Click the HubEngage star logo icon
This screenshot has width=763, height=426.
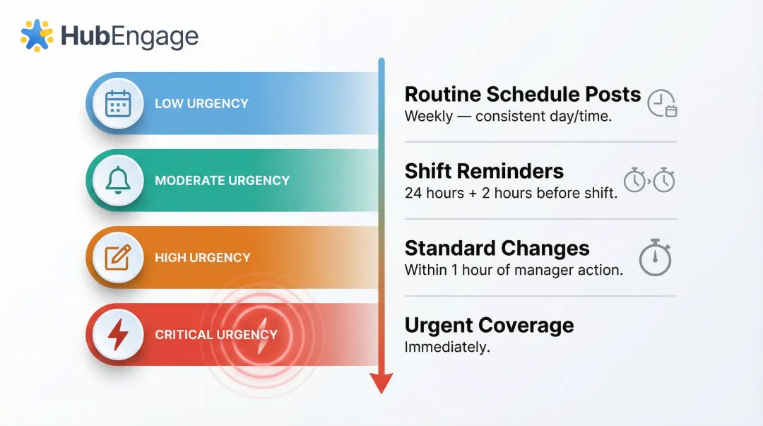pyautogui.click(x=37, y=35)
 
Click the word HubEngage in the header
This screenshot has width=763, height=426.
pyautogui.click(x=129, y=36)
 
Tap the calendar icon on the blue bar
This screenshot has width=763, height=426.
pyautogui.click(x=118, y=103)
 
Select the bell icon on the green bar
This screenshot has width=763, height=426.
pyautogui.click(x=118, y=180)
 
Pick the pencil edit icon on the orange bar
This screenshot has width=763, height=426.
pyautogui.click(x=118, y=257)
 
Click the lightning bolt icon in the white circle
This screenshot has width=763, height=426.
pyautogui.click(x=118, y=334)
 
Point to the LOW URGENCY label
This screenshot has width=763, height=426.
pyautogui.click(x=201, y=104)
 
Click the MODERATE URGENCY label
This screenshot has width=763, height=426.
pyautogui.click(x=222, y=181)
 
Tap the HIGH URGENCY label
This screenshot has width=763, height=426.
pyautogui.click(x=203, y=258)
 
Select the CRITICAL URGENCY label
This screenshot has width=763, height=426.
pyautogui.click(x=215, y=335)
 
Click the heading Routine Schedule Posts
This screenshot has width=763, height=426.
pyautogui.click(x=522, y=95)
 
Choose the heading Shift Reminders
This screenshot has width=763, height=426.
pyautogui.click(x=484, y=171)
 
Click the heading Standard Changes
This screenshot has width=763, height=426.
pyautogui.click(x=497, y=249)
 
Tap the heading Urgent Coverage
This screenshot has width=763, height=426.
pyautogui.click(x=489, y=326)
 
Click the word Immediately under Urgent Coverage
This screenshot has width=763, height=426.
pyautogui.click(x=446, y=347)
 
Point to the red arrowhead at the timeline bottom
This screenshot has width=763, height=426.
pyautogui.click(x=381, y=384)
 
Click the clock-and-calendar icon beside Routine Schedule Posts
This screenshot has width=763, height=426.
pyautogui.click(x=662, y=103)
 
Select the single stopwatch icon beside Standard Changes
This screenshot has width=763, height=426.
pyautogui.click(x=654, y=258)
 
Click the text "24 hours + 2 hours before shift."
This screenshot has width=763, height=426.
pyautogui.click(x=511, y=193)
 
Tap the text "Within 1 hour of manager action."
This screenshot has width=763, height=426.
pyautogui.click(x=514, y=270)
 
